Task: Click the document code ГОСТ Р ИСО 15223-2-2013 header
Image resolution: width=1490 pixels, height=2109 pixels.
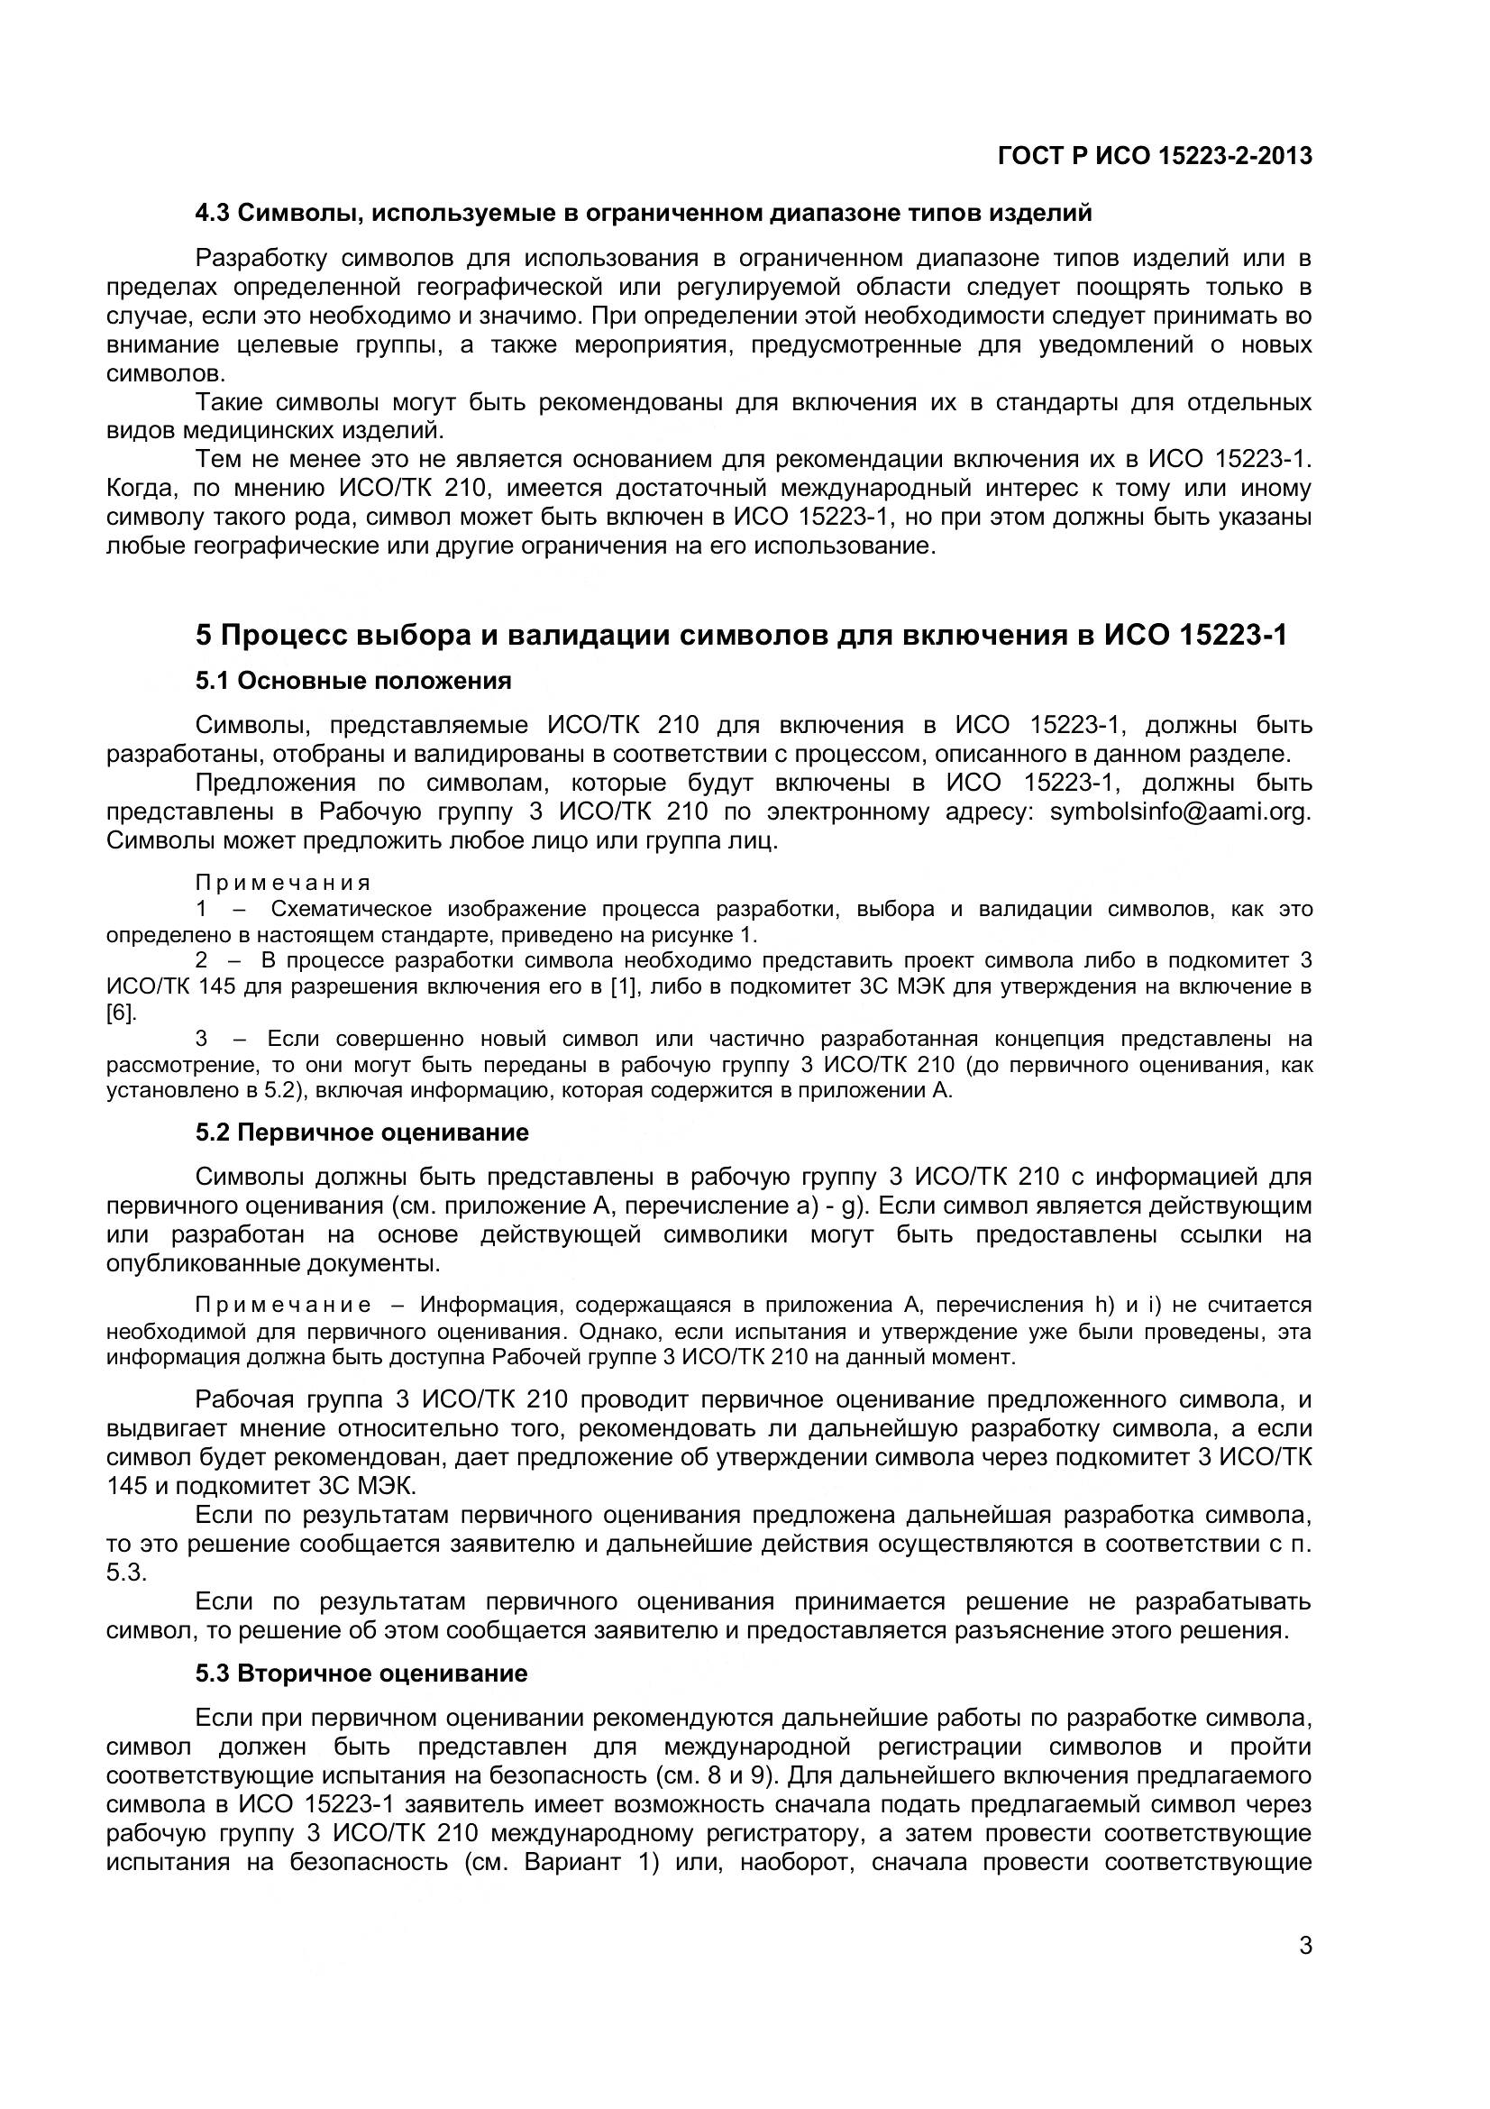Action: (1154, 157)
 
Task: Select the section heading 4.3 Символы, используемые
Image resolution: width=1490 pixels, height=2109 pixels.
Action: (643, 213)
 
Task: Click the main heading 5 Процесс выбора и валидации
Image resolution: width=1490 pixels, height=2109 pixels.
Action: (740, 635)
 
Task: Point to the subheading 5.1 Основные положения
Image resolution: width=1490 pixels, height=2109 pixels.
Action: (353, 681)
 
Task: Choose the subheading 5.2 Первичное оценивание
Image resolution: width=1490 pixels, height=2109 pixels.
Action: (361, 1132)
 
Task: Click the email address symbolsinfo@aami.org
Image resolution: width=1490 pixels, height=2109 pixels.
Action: (1180, 812)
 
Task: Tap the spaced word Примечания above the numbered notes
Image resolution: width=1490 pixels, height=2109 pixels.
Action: (283, 883)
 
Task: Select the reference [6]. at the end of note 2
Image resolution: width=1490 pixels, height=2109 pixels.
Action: (121, 1013)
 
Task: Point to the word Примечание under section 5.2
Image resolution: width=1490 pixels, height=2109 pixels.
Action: (283, 1306)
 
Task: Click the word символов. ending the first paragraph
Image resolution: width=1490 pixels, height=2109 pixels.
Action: (165, 374)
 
